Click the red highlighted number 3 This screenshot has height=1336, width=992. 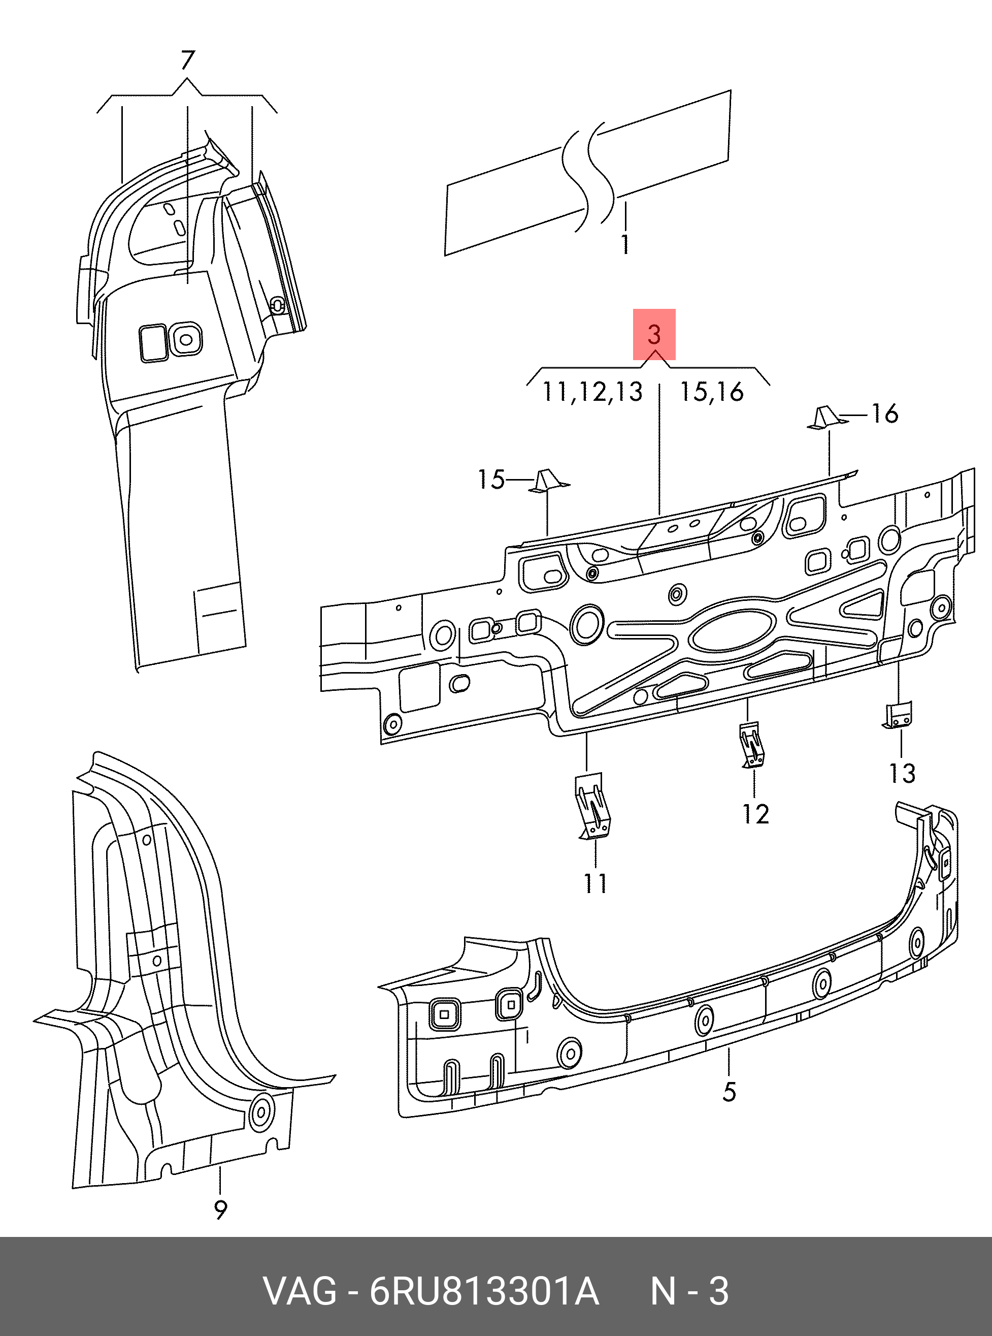click(654, 334)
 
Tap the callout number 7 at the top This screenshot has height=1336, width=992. click(187, 60)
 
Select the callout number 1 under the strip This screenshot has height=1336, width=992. click(625, 244)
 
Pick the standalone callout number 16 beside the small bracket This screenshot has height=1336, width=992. click(884, 413)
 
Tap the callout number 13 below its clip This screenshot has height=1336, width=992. click(902, 773)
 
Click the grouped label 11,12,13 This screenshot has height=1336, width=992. click(592, 392)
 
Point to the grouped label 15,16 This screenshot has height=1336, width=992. click(712, 392)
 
